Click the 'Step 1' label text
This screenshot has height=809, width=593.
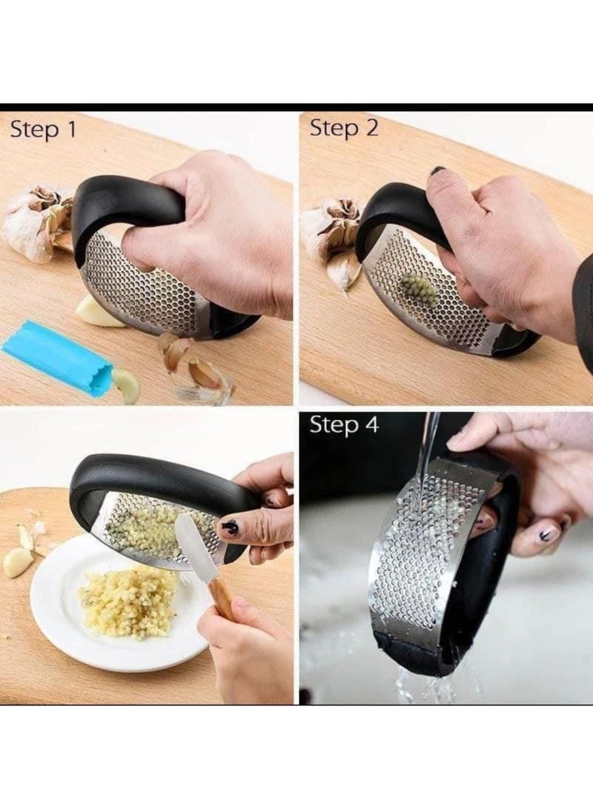click(43, 130)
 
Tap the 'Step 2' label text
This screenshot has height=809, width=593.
click(343, 128)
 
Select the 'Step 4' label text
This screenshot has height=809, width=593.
click(344, 425)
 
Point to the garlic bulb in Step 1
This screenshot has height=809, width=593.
click(33, 222)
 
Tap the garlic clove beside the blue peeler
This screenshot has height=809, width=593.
click(125, 385)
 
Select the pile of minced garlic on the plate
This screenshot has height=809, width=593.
click(130, 600)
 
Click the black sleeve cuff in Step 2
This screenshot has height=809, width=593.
click(583, 304)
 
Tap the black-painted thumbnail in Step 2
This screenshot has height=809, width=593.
click(438, 171)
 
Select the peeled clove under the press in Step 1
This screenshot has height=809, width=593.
click(96, 312)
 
